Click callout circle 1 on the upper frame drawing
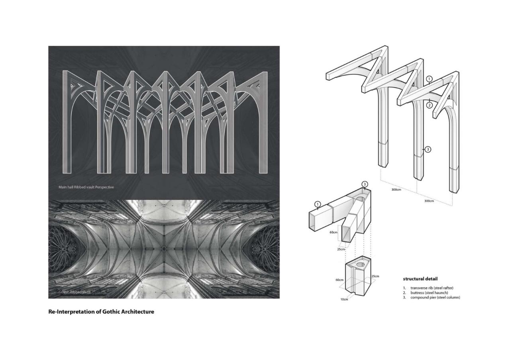429,79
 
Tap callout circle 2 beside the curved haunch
429,105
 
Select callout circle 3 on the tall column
428,149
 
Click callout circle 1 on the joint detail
318,204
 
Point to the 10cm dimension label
344,299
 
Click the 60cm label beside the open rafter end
333,232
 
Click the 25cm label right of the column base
375,276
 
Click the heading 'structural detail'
420,279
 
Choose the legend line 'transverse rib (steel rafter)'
432,288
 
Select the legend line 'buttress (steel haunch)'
429,293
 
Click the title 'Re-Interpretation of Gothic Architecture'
101,311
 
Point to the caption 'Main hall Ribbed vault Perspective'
86,186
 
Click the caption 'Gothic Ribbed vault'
75,292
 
